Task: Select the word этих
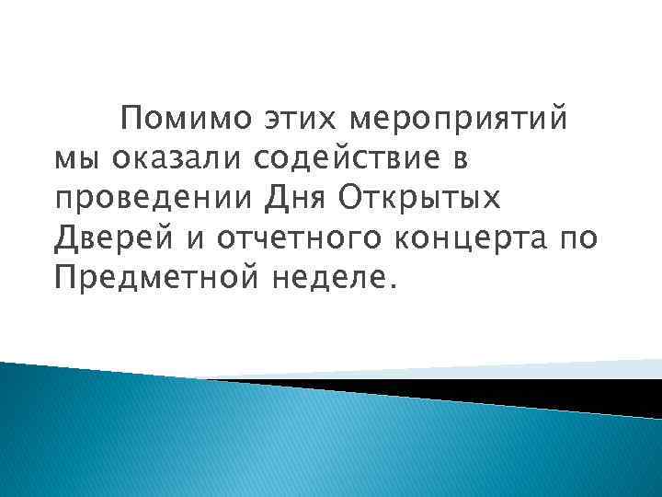[x=273, y=121]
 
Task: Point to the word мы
[x=74, y=160]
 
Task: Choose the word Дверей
[x=113, y=238]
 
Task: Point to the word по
[x=578, y=238]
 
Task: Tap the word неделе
[x=325, y=277]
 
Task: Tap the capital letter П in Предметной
[x=65, y=277]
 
